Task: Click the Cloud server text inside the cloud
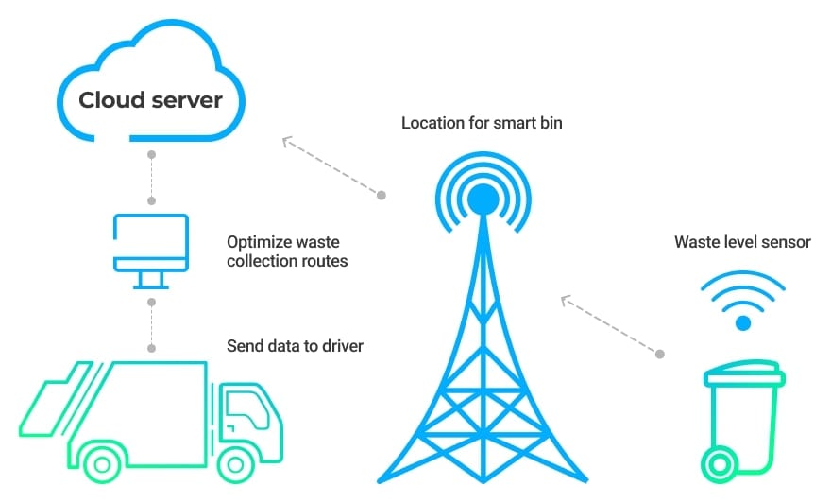click(150, 100)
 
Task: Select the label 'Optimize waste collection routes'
click(287, 251)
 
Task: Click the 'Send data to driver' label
click(295, 346)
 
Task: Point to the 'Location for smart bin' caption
click(482, 124)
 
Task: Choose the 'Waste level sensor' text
click(742, 242)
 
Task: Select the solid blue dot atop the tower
click(483, 199)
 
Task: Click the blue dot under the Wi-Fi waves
click(743, 323)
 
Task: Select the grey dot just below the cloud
click(150, 152)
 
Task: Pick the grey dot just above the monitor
click(150, 200)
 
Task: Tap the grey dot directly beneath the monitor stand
click(150, 302)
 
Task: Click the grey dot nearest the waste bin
click(660, 355)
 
